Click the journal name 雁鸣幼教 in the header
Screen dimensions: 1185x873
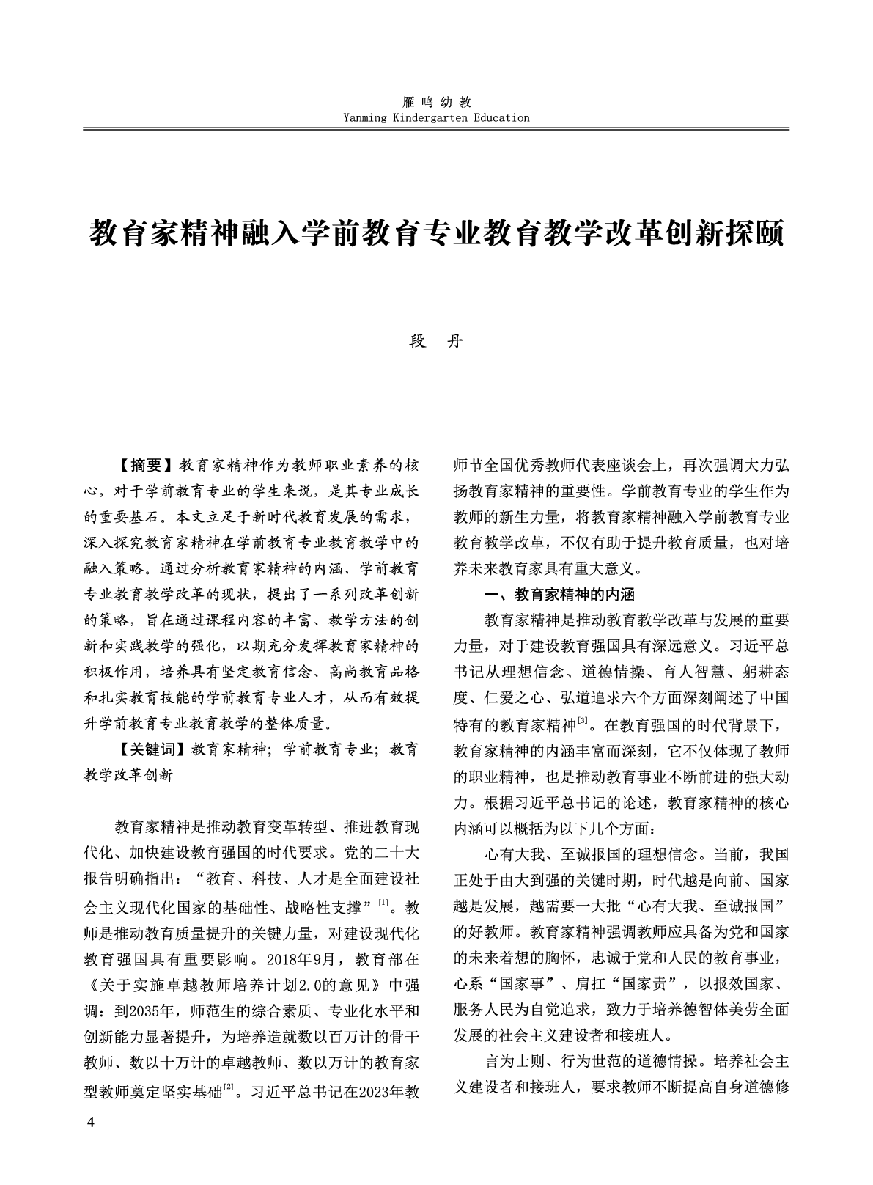(x=436, y=103)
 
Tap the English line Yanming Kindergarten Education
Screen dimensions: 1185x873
(x=436, y=117)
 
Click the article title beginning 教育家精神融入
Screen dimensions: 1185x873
(x=436, y=234)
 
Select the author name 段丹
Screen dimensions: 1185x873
(x=436, y=342)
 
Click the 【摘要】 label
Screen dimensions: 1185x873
(x=144, y=465)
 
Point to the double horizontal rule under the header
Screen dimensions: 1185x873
(x=436, y=130)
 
